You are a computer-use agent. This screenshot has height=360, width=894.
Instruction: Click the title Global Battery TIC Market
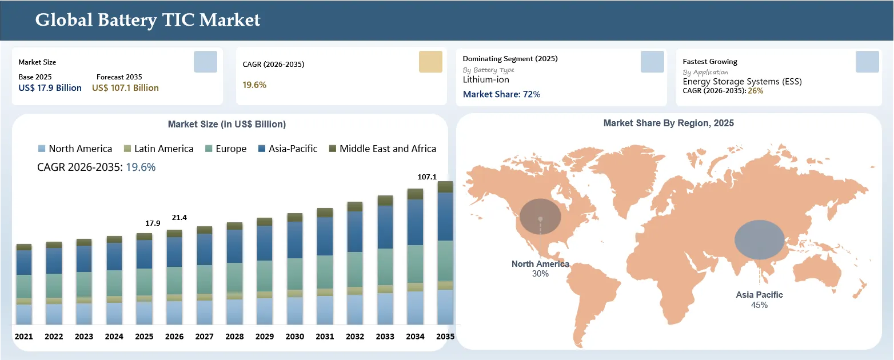click(147, 20)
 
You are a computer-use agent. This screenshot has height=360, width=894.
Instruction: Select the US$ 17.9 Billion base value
click(50, 88)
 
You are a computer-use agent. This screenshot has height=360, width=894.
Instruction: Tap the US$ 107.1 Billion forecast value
click(125, 88)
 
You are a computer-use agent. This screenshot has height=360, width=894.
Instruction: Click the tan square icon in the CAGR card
click(430, 62)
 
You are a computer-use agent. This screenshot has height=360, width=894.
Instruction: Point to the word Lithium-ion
click(486, 79)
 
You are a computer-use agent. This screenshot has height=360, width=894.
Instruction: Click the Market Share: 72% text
click(501, 94)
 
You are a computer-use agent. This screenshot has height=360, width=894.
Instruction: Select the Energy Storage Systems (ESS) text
click(742, 81)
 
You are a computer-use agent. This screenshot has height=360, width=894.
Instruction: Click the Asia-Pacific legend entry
click(288, 149)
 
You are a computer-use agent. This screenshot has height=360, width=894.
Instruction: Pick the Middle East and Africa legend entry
click(382, 149)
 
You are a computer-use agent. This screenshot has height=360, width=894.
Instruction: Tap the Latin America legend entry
click(158, 149)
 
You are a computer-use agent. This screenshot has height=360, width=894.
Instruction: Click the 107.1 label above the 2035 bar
click(427, 177)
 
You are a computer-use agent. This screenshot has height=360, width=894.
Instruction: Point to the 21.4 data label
click(179, 218)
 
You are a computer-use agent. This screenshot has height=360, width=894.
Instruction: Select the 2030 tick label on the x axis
click(294, 337)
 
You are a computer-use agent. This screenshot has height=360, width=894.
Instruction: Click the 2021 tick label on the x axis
click(24, 337)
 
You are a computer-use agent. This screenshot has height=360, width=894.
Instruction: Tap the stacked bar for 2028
click(235, 273)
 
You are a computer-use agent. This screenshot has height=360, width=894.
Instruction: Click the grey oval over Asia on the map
click(760, 239)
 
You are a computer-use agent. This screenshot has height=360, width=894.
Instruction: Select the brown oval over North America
click(540, 217)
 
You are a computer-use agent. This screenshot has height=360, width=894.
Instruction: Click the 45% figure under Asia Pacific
click(759, 305)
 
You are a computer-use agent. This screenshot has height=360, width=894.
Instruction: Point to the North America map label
click(540, 264)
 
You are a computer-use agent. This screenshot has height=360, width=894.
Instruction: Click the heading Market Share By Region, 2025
click(669, 123)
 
